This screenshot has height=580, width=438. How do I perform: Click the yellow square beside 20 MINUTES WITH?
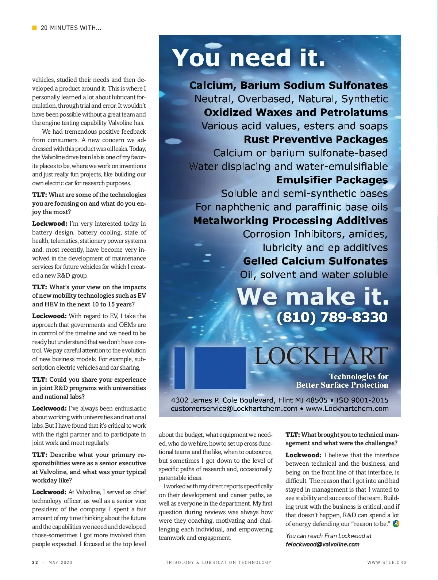34,28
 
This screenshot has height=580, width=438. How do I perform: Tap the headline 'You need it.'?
249,58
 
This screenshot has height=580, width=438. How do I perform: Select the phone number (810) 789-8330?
332,317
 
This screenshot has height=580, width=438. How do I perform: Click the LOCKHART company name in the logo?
321,356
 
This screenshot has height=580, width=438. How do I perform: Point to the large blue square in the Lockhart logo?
220,368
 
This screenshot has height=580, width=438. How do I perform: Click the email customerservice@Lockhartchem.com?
234,409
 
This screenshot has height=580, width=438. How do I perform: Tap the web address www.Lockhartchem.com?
347,409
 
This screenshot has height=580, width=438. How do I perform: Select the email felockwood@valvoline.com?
322,544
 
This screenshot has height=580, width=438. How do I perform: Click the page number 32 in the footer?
35,562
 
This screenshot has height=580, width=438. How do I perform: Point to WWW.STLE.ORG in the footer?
387,562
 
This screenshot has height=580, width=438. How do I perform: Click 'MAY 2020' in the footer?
60,562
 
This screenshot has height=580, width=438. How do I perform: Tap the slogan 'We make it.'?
313,296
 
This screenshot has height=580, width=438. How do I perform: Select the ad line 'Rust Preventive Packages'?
315,140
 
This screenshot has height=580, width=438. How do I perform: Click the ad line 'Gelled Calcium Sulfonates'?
315,261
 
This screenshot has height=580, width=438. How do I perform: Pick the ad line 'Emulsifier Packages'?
332,180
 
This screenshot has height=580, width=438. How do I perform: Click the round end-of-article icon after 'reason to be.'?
396,524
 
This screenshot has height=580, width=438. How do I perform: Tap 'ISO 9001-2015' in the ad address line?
362,400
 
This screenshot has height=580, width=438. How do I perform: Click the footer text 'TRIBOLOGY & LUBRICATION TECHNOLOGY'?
219,562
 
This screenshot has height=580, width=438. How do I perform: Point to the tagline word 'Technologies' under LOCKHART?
353,377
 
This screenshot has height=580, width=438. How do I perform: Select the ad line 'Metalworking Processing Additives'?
290,221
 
